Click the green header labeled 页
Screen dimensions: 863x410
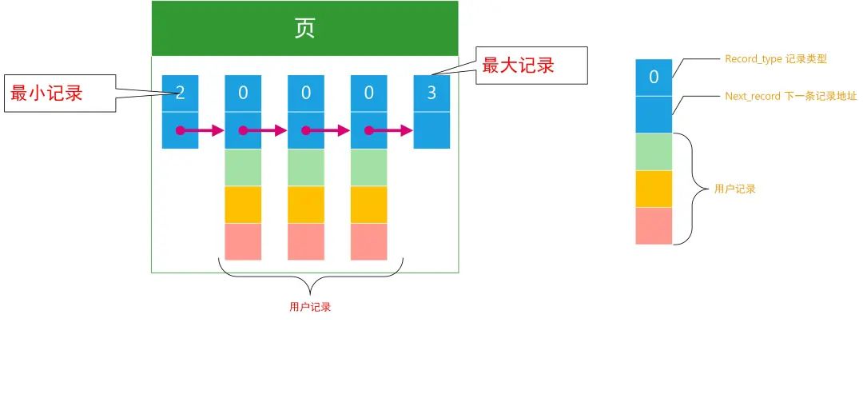point(304,29)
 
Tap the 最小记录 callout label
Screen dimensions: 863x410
point(46,93)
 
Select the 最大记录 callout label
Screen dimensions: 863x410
point(518,66)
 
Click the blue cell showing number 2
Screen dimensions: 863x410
point(180,94)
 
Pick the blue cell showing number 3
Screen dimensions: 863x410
point(431,94)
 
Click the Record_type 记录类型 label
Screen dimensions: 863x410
point(775,59)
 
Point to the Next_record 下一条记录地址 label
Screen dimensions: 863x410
point(790,96)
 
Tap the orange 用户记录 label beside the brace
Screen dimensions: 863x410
point(734,189)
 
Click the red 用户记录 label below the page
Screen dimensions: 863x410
point(309,307)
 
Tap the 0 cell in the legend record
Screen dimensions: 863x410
point(654,78)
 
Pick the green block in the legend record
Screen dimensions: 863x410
point(654,152)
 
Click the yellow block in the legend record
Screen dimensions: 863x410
point(654,189)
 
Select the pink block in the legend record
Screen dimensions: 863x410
point(654,226)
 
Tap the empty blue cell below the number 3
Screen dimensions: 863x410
point(431,130)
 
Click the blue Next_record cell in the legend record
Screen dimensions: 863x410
point(654,114)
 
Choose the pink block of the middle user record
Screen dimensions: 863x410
point(306,241)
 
